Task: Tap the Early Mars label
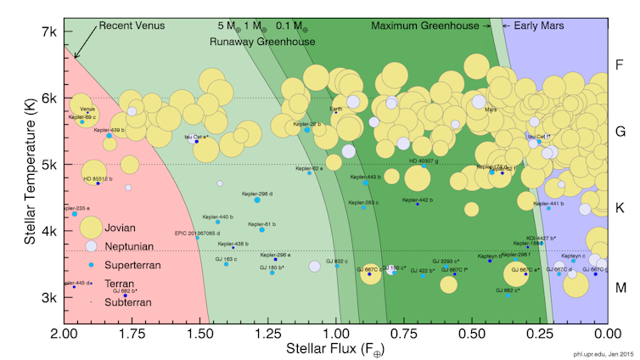pyautogui.click(x=531, y=25)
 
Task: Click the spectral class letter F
pyautogui.click(x=620, y=65)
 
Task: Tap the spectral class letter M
pyautogui.click(x=620, y=288)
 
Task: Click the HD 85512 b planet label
pyautogui.click(x=98, y=179)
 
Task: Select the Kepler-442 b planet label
pyautogui.click(x=415, y=200)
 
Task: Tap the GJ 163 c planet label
pyautogui.click(x=226, y=259)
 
